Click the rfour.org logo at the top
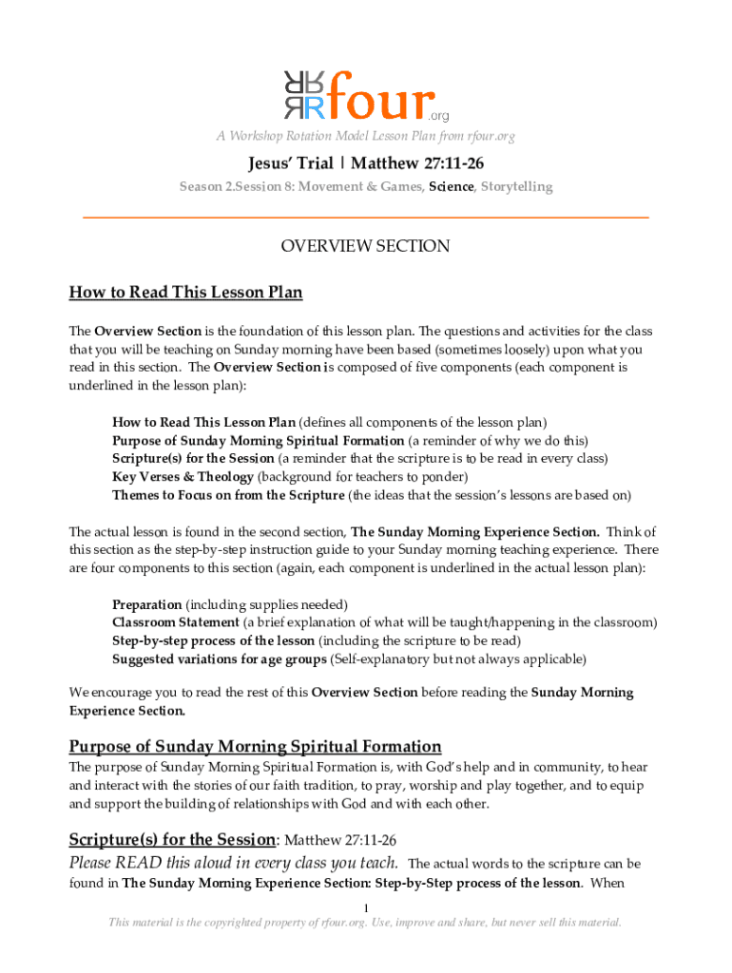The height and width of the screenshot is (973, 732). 365,94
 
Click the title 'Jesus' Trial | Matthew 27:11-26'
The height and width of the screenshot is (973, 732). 365,164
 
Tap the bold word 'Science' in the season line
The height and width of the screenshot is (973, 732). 451,186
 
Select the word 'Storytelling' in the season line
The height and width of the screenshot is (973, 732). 516,186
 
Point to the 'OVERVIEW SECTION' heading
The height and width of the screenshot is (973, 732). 365,246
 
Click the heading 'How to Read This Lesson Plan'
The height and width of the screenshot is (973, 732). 185,292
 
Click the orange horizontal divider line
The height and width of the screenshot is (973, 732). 365,219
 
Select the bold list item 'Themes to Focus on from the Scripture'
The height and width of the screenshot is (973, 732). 228,495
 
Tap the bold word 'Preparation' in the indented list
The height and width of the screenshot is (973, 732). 146,604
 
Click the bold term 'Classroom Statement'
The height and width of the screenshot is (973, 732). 176,622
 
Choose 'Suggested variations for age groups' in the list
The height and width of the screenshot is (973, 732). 219,658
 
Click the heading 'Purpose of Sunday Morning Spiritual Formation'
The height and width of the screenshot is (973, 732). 255,746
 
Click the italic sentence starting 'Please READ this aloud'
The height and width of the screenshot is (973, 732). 234,863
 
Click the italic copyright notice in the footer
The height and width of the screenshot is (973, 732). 365,923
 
